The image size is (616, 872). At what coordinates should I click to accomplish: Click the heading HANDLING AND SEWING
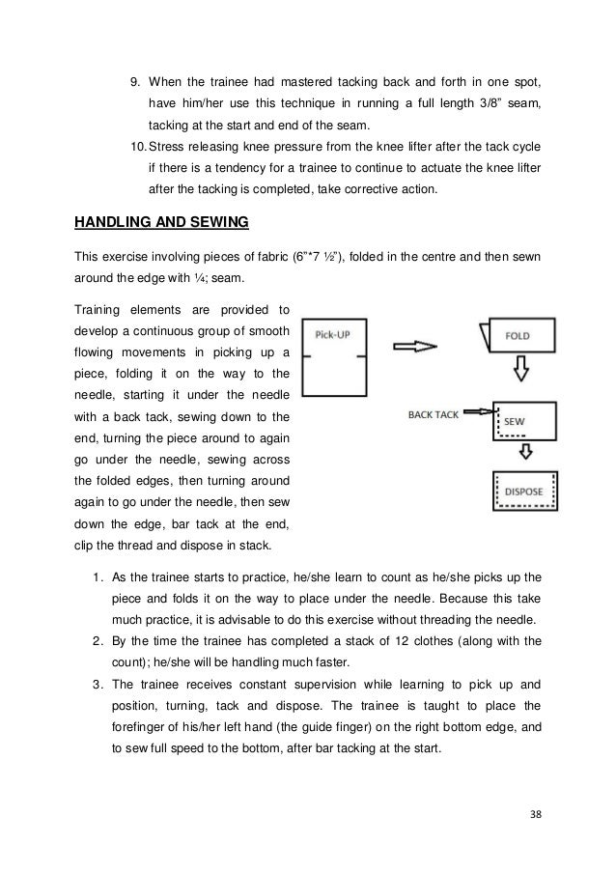pos(161,223)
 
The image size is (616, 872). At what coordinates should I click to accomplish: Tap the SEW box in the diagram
pos(522,420)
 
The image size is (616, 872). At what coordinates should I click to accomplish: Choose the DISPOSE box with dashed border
pos(524,492)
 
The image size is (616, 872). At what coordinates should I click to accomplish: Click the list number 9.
pos(135,78)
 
